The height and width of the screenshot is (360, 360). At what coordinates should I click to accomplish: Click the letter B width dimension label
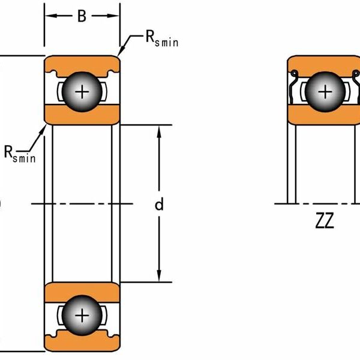point(82,16)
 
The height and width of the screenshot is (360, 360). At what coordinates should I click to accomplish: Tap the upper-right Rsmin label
point(161,39)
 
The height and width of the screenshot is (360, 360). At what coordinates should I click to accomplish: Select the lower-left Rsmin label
point(20,154)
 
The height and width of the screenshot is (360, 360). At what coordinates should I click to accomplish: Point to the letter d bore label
point(159,205)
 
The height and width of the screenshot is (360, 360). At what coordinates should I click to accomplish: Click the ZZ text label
point(324,223)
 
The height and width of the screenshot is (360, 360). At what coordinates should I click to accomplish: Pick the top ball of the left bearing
point(82,92)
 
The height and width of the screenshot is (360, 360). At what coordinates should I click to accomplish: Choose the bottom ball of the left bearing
point(82,316)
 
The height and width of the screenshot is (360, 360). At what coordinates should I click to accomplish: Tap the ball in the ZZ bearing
point(325,92)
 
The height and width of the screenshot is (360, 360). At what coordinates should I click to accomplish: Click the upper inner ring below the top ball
point(82,116)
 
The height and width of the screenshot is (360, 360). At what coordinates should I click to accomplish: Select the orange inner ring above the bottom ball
point(82,290)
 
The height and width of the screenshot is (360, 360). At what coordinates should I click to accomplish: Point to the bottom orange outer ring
point(82,343)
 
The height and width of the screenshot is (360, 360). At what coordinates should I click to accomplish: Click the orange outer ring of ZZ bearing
point(325,62)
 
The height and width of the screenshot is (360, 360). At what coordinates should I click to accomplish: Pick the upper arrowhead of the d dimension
point(159,131)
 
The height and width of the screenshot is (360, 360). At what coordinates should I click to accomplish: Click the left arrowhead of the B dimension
point(50,16)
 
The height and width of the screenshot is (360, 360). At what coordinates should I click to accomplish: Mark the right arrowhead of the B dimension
point(114,16)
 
